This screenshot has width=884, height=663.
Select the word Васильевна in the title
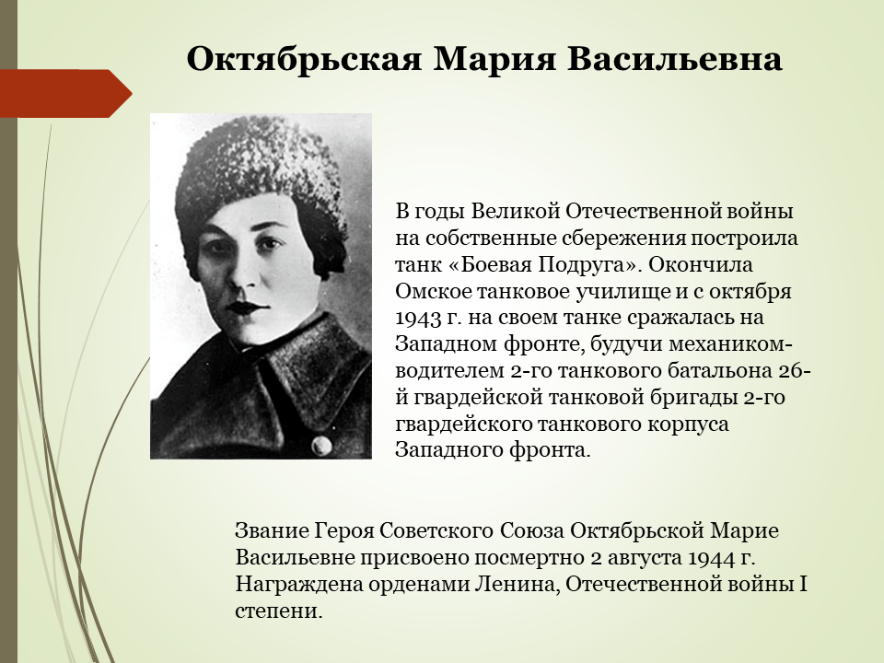coord(674,59)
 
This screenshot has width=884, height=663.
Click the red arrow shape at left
coord(66,94)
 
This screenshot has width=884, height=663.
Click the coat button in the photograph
coord(321,444)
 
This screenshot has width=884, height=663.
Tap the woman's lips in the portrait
coord(247,308)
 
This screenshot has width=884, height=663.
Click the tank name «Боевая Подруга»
coord(547,264)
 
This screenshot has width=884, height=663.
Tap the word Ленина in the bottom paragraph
coord(516,584)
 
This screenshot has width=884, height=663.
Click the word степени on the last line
coord(278,611)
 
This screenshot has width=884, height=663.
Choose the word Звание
coord(273,531)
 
